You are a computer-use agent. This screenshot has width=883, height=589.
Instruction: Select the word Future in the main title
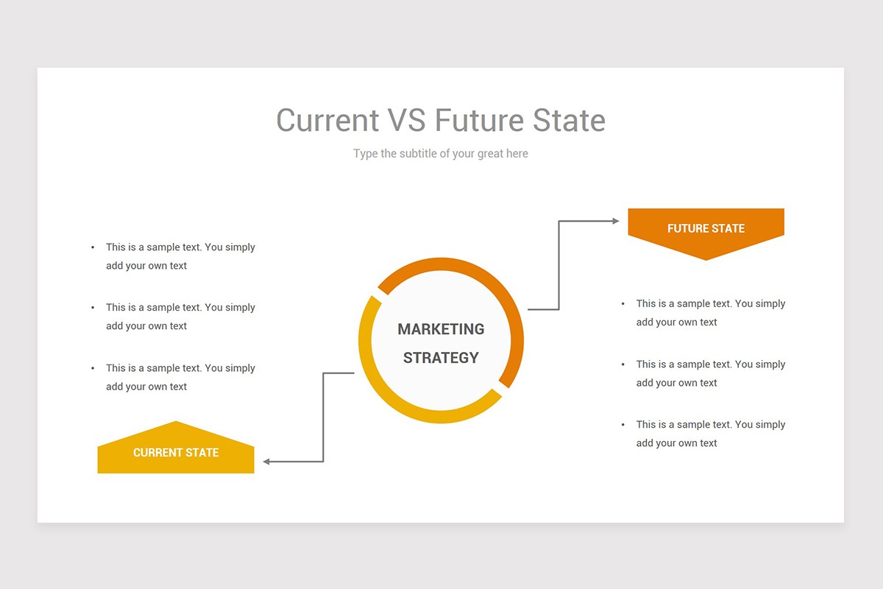pos(480,120)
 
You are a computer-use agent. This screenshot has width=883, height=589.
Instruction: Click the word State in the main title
pos(570,120)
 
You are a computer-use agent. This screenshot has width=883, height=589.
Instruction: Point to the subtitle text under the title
pos(440,153)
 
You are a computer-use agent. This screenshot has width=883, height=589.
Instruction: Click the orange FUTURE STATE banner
pos(706,228)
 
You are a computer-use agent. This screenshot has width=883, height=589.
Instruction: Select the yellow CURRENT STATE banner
pos(176,453)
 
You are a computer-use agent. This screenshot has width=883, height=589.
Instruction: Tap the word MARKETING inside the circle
pos(441,329)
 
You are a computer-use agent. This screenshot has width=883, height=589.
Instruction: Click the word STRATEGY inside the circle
pos(441,358)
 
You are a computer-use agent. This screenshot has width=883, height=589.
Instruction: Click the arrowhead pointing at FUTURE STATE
pos(616,221)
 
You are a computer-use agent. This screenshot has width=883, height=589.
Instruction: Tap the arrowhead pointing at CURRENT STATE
pos(267,462)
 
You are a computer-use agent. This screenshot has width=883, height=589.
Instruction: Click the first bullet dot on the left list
pos(93,248)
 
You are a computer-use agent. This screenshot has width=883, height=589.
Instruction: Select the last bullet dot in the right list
pos(623,425)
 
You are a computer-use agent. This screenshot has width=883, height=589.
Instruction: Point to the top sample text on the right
pos(710,312)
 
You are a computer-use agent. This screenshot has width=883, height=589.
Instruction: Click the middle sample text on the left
pos(180,317)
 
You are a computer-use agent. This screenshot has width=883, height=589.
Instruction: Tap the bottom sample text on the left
pos(180,377)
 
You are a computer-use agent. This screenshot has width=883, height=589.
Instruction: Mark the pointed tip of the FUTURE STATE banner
pos(706,258)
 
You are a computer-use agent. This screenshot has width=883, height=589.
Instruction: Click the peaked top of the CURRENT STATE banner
pos(176,423)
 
